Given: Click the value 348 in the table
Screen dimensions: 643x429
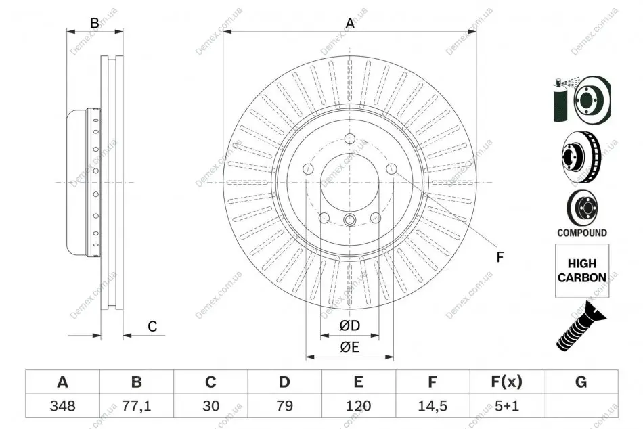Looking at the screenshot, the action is click(62, 406).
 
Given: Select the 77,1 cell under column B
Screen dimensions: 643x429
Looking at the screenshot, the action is click(137, 406).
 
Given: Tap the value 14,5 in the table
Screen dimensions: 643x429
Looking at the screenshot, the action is click(433, 406).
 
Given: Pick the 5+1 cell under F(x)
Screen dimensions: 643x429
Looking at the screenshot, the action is click(506, 406).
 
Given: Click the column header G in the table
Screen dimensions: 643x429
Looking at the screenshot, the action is click(581, 382).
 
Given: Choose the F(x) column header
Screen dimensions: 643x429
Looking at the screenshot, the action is click(506, 382).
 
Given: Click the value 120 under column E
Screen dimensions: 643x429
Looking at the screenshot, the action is click(358, 406).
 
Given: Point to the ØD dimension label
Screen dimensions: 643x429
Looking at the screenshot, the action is click(349, 325).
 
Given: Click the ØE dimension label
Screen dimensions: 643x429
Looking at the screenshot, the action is click(349, 347).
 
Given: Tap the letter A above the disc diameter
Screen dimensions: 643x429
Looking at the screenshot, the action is click(350, 23).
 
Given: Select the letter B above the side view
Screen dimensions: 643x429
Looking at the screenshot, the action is click(94, 23).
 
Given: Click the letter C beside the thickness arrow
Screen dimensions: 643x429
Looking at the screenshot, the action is click(152, 326).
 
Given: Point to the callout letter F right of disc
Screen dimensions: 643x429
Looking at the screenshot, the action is click(500, 257).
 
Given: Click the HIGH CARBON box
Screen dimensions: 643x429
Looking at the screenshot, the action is click(582, 270).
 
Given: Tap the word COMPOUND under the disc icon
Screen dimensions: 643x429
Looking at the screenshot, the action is click(582, 233).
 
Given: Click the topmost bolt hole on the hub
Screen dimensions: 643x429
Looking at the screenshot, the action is click(350, 138).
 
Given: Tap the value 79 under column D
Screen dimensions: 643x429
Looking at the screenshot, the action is click(284, 406).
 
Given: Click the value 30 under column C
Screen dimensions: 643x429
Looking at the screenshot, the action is click(210, 406).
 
